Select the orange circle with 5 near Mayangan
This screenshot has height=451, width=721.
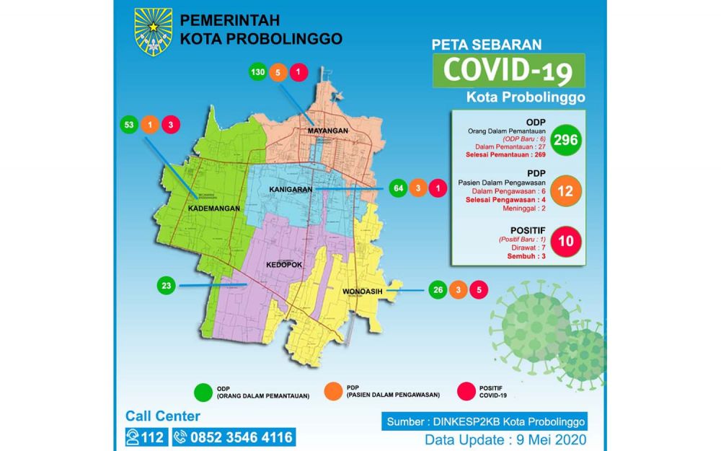(278, 72)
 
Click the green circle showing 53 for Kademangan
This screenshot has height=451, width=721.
(129, 124)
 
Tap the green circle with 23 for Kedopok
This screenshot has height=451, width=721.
(167, 286)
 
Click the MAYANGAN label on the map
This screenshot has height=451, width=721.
(328, 131)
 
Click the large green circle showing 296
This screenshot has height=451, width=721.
(566, 140)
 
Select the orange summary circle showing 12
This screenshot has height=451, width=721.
(566, 191)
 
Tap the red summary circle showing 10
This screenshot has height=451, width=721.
(566, 241)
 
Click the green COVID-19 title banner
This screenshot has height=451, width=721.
(508, 71)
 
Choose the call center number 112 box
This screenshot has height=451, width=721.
(147, 437)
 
